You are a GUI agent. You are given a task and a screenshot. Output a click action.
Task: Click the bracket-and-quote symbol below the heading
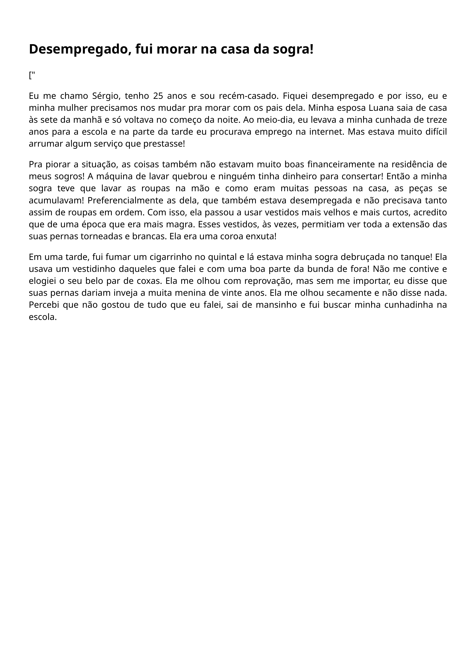[x=32, y=75]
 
